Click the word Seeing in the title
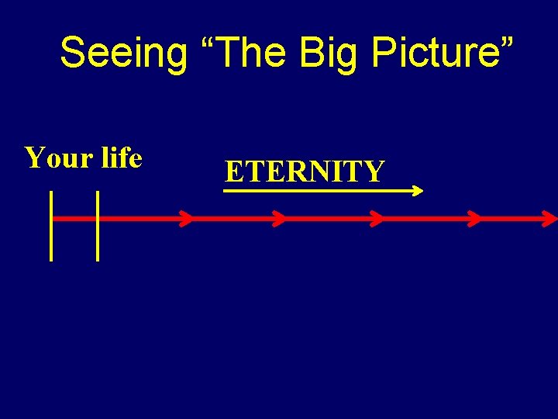123,53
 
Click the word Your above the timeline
59,158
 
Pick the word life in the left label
122,158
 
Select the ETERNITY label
304,171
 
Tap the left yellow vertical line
51,225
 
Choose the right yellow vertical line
98,225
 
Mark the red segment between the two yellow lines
74,219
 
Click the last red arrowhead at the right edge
549,219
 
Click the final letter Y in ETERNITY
374,171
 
